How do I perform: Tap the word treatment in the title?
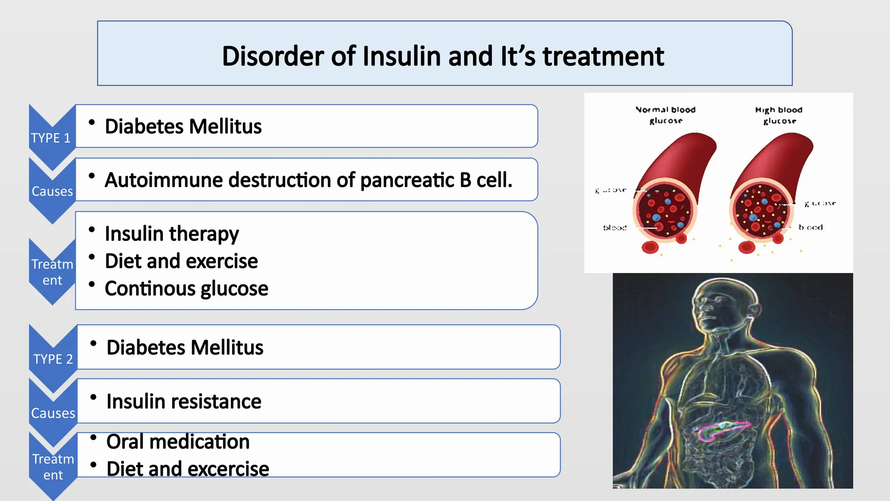coord(603,56)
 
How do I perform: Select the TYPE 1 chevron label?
coord(51,138)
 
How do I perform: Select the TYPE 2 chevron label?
coord(53,359)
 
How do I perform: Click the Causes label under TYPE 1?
coord(52,191)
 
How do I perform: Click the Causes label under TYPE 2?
coord(53,413)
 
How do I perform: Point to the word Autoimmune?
coord(164,180)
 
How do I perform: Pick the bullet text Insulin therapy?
coord(172,234)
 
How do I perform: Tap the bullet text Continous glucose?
coord(186,288)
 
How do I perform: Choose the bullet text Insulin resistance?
coord(184,401)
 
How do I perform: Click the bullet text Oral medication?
coord(178,441)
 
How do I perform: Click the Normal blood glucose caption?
coord(665,115)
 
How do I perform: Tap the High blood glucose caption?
coord(779,115)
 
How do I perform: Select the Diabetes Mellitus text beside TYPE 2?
coord(185,347)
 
